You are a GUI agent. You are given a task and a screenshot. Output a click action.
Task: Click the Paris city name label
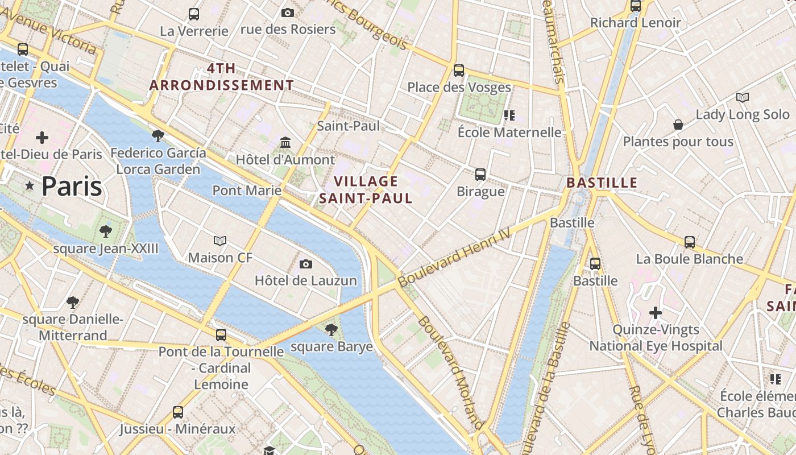point(72,187)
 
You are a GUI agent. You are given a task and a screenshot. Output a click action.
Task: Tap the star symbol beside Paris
point(30,186)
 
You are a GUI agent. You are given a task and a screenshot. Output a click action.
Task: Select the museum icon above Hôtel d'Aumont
point(285,142)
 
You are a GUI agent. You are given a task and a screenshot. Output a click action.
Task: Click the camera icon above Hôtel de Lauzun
point(306,264)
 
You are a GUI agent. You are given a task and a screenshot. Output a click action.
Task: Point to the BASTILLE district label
point(602,183)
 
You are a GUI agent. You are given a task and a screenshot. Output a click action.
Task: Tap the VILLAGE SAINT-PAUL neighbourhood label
point(366,190)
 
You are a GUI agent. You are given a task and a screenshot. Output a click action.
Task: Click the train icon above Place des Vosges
point(459,71)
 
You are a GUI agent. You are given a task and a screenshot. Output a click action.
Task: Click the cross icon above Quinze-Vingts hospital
point(656,312)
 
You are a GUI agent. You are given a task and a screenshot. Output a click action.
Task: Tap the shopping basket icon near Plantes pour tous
point(678,124)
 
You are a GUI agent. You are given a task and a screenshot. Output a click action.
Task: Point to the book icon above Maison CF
point(220,241)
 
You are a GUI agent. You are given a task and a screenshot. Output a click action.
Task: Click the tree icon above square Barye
point(331,329)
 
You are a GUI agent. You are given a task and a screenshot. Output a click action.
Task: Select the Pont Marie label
point(247,190)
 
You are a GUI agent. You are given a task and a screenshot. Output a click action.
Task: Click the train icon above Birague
point(480,174)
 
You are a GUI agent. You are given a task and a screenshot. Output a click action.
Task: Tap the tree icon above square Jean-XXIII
point(105,231)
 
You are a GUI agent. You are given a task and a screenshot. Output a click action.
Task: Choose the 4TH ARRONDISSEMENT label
point(222,77)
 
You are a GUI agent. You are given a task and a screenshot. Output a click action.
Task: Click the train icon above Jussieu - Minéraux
point(178,412)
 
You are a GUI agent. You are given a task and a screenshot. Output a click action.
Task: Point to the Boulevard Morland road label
point(451,373)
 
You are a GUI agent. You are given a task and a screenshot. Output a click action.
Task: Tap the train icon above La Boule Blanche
point(690,242)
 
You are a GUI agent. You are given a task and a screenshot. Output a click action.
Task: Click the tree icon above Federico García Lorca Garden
point(158,135)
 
